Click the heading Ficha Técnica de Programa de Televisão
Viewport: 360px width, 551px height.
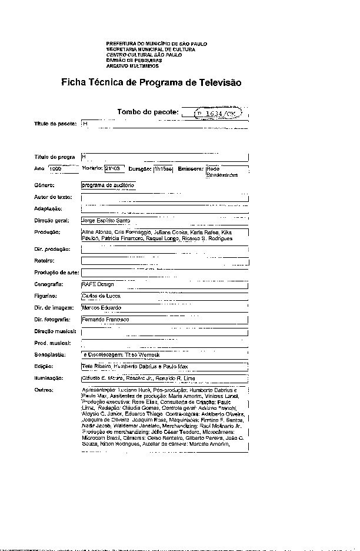pos(151,82)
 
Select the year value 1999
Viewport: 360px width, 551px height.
pos(56,169)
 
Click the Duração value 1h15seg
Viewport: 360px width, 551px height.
pos(162,170)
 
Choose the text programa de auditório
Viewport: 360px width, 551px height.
pos(108,185)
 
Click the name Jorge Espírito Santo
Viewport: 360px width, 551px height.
pos(106,220)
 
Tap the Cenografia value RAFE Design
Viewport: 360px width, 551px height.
pos(98,284)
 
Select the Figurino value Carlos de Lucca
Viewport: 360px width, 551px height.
pos(102,296)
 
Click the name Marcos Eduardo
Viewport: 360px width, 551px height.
pos(102,307)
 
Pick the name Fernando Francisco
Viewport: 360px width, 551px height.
pos(105,319)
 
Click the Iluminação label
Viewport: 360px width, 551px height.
pos(48,379)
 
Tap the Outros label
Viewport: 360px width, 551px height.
pos(44,390)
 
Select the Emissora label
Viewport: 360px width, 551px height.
pos(190,169)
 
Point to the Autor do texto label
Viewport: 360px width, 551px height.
pos(52,197)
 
